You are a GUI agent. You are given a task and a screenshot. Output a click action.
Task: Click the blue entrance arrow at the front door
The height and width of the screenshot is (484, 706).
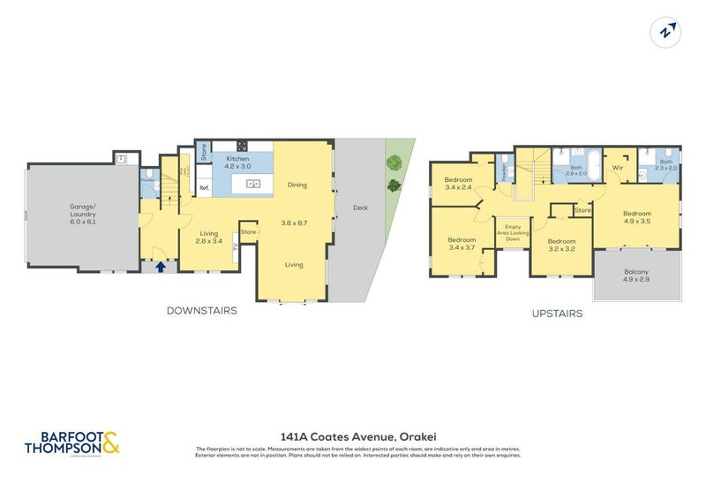161,264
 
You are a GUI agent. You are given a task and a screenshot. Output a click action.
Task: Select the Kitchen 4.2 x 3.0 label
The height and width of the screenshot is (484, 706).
237,163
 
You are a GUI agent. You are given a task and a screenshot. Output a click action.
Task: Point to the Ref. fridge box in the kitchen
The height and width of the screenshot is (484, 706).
203,187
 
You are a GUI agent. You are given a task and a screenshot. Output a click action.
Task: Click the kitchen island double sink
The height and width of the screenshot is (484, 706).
253,185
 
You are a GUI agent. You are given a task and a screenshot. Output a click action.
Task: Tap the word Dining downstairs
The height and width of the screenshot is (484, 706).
297,185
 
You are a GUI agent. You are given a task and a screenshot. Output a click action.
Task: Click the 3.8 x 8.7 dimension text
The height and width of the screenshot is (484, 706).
294,223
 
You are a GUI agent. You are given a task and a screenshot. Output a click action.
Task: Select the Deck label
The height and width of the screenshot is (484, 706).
360,209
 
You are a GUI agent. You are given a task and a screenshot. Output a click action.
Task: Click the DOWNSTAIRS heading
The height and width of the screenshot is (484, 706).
201,311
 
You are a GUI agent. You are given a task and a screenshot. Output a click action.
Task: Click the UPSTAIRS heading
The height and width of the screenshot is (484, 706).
556,314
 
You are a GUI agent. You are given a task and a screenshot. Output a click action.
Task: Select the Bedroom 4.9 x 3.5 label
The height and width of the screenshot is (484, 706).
636,216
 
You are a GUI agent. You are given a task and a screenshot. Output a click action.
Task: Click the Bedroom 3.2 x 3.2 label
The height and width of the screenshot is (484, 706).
561,245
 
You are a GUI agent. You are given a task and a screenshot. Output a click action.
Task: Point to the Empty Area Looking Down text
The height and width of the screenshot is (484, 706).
513,233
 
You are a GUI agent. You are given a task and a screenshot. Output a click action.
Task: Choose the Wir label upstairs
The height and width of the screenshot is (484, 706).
618,167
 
